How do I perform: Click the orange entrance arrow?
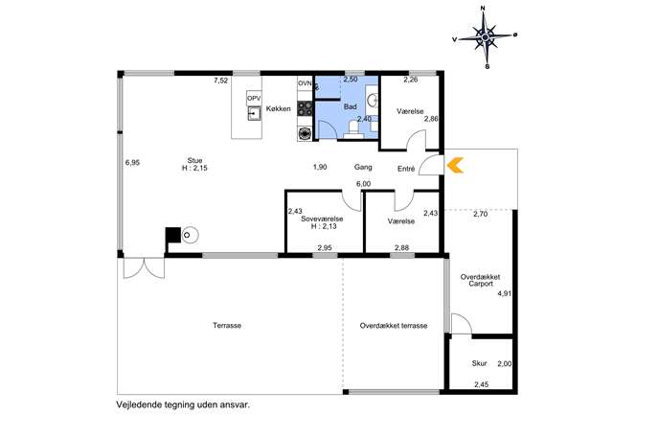(455, 165)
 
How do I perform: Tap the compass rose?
(486, 37)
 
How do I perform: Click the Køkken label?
(278, 108)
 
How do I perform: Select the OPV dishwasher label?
(254, 99)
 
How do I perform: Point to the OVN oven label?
(305, 83)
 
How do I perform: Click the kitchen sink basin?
(254, 113)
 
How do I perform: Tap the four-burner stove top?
(306, 108)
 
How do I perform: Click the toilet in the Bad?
(353, 129)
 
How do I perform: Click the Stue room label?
(194, 160)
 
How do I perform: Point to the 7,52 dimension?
(220, 81)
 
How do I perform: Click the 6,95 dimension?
(132, 163)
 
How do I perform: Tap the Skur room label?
(479, 363)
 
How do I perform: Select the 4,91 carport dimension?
(505, 293)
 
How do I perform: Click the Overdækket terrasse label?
(394, 326)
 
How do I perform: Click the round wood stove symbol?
(191, 235)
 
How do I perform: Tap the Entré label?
(406, 169)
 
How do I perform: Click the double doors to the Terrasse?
(144, 267)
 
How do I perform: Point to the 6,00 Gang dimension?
(363, 183)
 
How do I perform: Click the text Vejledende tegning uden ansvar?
(183, 404)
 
